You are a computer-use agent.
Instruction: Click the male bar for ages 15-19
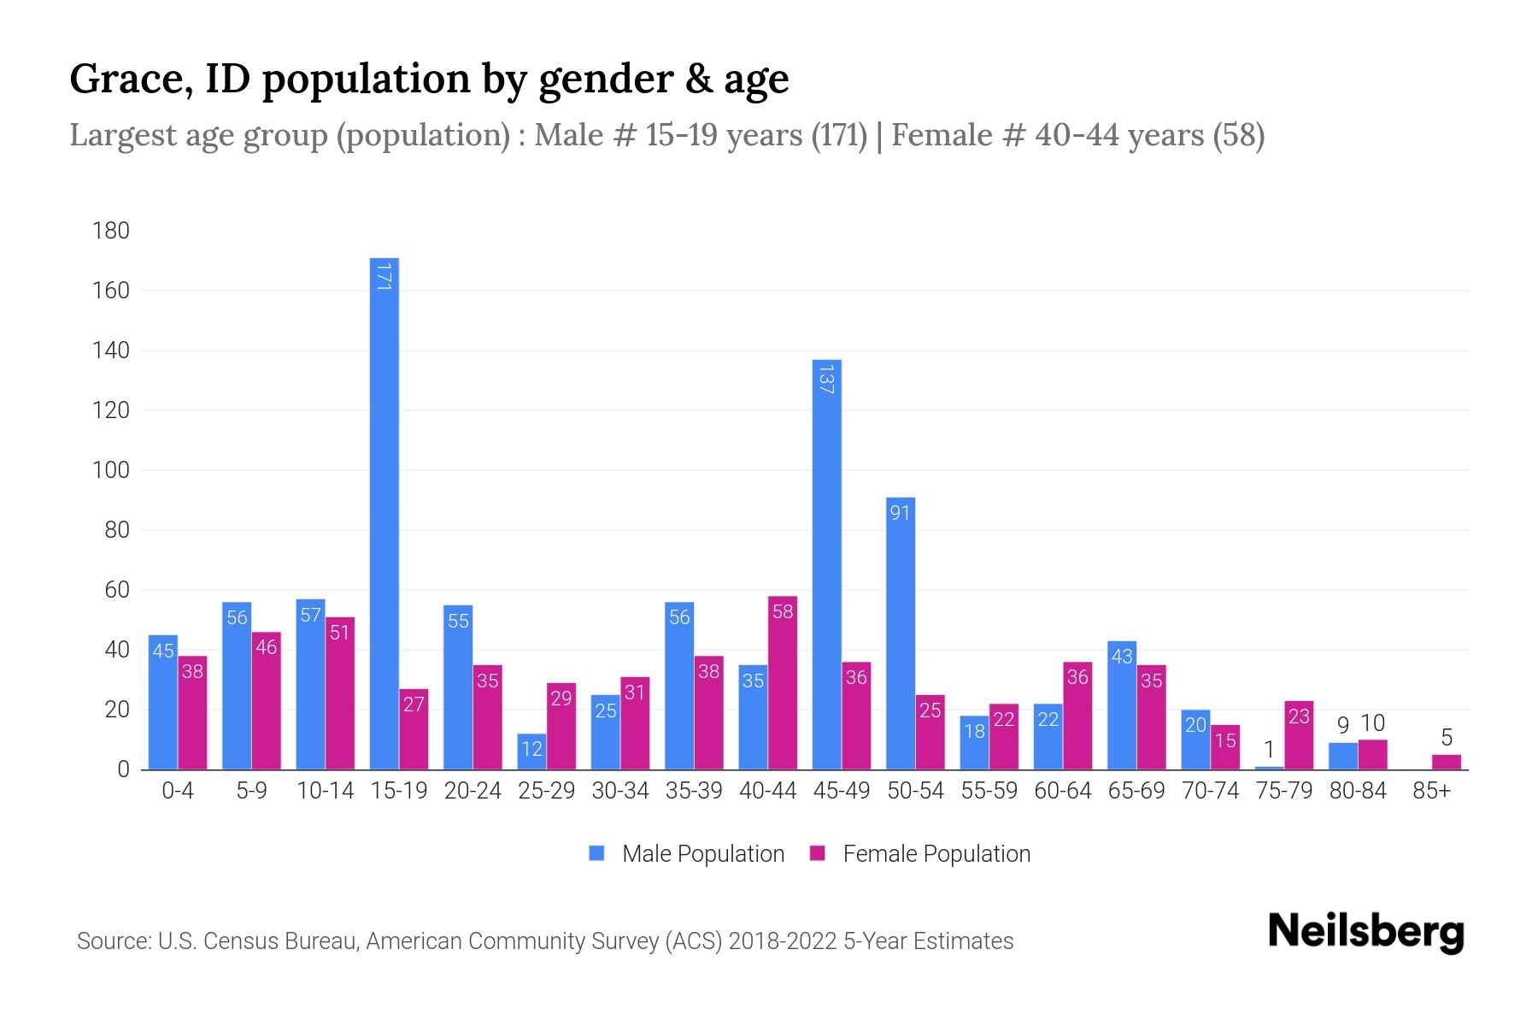point(384,513)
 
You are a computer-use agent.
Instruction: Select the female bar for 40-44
point(783,684)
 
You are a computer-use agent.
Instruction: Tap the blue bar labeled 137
point(826,564)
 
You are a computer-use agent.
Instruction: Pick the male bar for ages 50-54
point(901,633)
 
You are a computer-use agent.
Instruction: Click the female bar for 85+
point(1446,762)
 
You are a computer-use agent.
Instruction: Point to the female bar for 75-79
point(1299,735)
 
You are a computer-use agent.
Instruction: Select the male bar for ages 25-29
point(531,752)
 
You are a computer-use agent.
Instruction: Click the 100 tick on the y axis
point(111,470)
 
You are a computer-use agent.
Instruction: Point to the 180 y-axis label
point(111,231)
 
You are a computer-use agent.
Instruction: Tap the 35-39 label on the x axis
point(694,791)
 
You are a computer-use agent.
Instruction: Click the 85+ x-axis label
point(1431,791)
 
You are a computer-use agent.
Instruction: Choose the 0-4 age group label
point(178,791)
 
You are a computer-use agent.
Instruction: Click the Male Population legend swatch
point(596,853)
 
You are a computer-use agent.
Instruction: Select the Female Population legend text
point(936,853)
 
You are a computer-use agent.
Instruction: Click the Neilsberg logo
point(1365,932)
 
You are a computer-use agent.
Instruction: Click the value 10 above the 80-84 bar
point(1372,723)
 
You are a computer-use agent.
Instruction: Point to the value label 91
point(901,513)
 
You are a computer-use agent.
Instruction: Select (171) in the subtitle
point(839,135)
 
